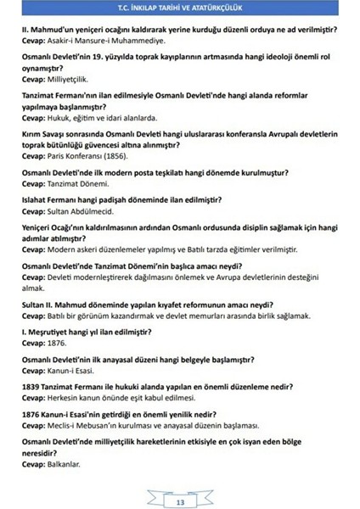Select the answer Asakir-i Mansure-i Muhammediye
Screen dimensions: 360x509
coord(104,39)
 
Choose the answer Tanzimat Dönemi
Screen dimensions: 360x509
coord(81,184)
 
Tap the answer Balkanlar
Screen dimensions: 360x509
coord(66,463)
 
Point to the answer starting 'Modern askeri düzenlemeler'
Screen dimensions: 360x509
coord(171,249)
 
